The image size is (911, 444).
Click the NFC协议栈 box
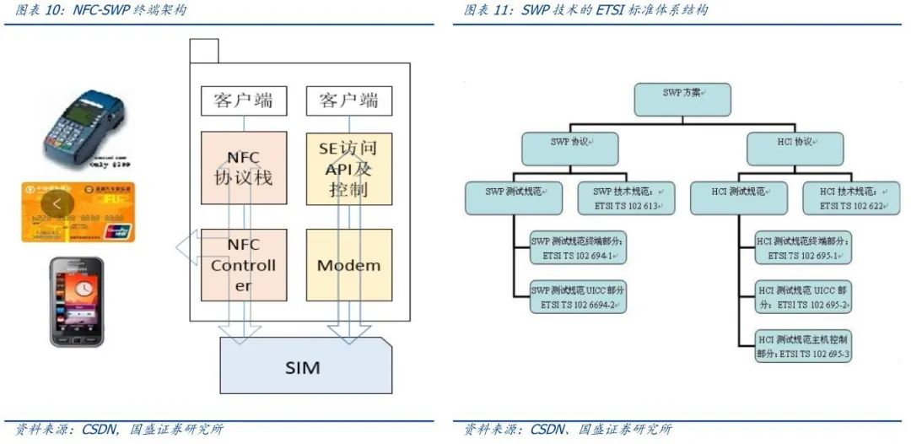tap(243, 167)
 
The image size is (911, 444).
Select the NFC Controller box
tap(243, 266)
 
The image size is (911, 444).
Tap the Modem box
tap(348, 266)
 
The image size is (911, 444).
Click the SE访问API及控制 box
tap(348, 168)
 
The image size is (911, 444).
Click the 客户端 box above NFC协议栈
tap(243, 101)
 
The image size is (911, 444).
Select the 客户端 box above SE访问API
tap(348, 101)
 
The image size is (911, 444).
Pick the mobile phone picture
tap(77, 301)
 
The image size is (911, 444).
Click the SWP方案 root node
tap(682, 98)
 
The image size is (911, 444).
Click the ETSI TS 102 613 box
tap(626, 198)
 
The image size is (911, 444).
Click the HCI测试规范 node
tap(738, 198)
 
